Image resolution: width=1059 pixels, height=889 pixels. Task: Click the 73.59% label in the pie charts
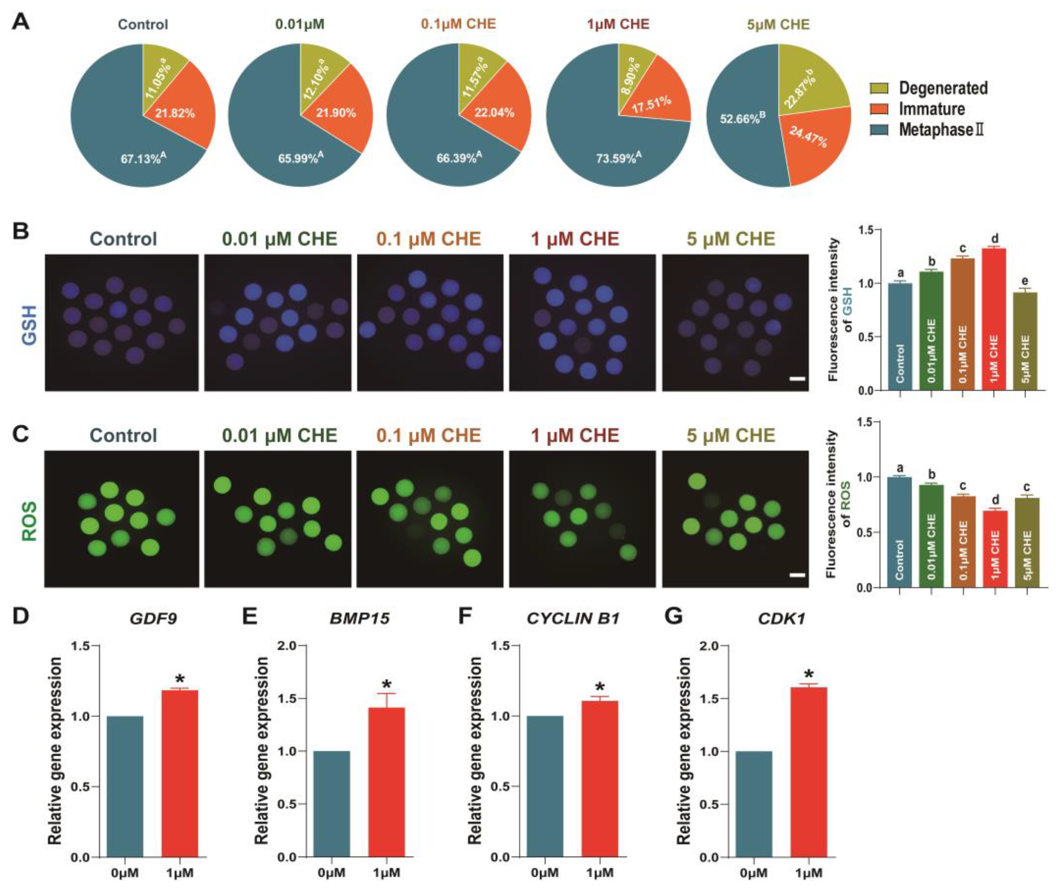click(x=618, y=158)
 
